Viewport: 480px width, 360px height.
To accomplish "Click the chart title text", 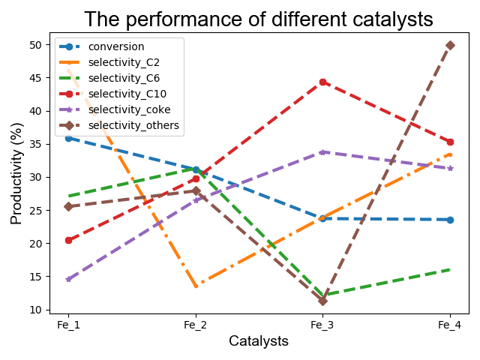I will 258,19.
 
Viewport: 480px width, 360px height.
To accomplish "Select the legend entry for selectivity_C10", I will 125,94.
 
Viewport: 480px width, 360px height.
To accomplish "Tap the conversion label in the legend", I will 116,46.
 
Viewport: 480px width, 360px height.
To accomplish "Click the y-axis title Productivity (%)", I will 17,178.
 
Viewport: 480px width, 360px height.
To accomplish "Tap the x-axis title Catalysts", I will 259,341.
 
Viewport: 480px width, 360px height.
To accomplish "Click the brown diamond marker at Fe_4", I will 450,46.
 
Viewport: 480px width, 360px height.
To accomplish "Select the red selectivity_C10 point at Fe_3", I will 322,82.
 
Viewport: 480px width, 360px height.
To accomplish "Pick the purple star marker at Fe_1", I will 68,279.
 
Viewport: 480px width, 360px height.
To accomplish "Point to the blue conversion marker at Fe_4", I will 450,220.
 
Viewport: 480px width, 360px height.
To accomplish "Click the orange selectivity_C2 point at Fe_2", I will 196,286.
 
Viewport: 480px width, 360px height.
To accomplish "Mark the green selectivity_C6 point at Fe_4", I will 450,269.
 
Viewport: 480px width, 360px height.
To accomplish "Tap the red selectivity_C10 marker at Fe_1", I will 68,240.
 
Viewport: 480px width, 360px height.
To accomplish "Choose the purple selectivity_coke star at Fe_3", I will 322,152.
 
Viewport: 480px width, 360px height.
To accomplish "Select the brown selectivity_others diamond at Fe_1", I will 68,206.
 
